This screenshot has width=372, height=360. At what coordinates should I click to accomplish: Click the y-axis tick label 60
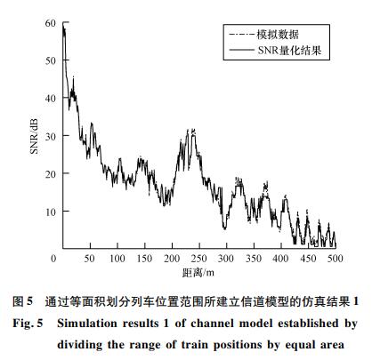[51, 23]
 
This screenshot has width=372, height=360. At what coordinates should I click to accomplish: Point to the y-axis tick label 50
[51, 60]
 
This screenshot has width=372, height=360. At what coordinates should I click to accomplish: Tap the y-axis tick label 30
[51, 137]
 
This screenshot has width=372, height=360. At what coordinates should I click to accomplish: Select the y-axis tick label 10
[51, 212]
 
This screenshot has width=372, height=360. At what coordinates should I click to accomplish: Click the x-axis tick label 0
[53, 259]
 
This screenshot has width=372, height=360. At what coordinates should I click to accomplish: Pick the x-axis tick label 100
[117, 259]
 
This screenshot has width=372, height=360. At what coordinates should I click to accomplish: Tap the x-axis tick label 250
[199, 259]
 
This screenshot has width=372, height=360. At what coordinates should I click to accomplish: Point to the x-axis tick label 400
[280, 259]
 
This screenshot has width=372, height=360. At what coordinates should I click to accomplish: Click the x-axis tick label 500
[336, 259]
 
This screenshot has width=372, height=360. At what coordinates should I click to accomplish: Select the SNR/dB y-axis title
[35, 136]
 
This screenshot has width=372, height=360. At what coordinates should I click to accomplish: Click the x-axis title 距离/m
[198, 273]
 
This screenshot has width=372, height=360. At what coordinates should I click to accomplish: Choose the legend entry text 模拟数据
[278, 35]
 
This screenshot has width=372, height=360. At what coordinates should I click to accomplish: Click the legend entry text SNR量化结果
[289, 50]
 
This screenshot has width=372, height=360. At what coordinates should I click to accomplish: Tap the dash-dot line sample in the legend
[242, 35]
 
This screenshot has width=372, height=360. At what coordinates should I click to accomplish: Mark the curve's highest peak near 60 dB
[63, 27]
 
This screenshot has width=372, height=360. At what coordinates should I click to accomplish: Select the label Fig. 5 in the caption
[28, 323]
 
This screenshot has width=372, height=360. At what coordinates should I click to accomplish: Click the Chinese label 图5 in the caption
[22, 301]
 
